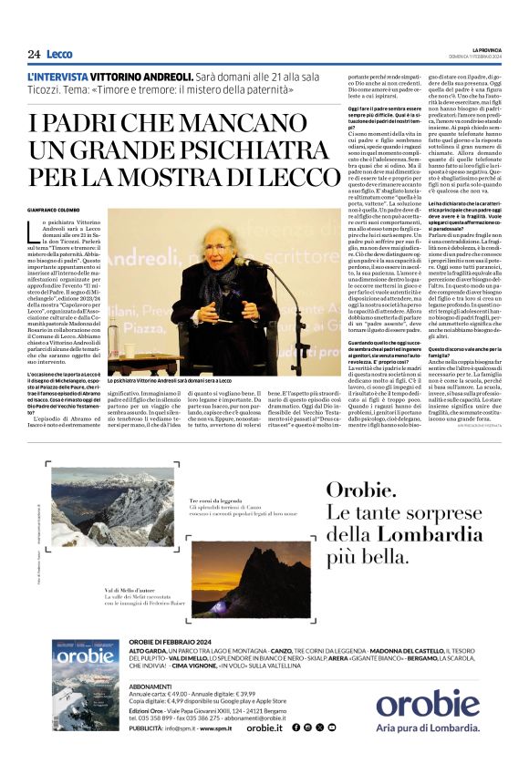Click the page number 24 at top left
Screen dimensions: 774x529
coord(34,54)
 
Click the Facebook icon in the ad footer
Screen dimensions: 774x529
coord(295,728)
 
